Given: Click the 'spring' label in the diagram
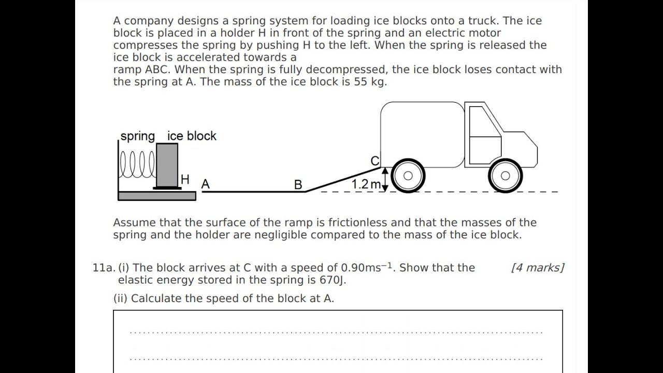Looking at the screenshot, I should click(137, 136).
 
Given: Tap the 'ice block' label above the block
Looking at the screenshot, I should click(192, 136).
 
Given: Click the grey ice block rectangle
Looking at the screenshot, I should click(167, 165).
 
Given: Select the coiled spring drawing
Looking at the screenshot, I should click(137, 165).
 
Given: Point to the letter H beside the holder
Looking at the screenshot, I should click(185, 180).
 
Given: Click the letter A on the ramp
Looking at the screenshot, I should click(206, 184).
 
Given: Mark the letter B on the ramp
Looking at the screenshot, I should click(298, 184).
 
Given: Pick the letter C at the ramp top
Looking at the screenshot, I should click(375, 161).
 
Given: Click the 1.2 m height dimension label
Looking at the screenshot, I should click(366, 184).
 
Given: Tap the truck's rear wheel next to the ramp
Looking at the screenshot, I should click(408, 176).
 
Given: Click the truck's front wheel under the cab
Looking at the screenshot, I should click(505, 176).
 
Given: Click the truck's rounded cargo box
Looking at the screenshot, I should click(422, 134).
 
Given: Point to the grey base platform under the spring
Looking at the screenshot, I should click(157, 196).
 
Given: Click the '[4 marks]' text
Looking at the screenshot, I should click(537, 268).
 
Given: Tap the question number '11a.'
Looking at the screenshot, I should click(103, 268).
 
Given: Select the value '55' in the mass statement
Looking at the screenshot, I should click(361, 82).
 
